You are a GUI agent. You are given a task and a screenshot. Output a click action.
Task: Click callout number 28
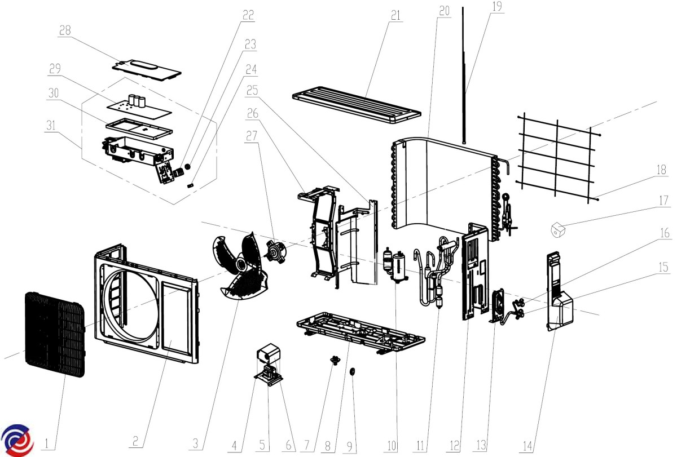coord(65,30)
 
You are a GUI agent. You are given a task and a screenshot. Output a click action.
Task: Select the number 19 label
coord(496,7)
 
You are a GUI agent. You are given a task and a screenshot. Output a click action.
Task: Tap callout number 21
coord(395,15)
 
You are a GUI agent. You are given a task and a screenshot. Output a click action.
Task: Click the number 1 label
coord(49,445)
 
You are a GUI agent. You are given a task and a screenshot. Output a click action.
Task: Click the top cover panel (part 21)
coord(357,107)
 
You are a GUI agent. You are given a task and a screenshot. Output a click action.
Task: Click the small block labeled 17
coord(558,229)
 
